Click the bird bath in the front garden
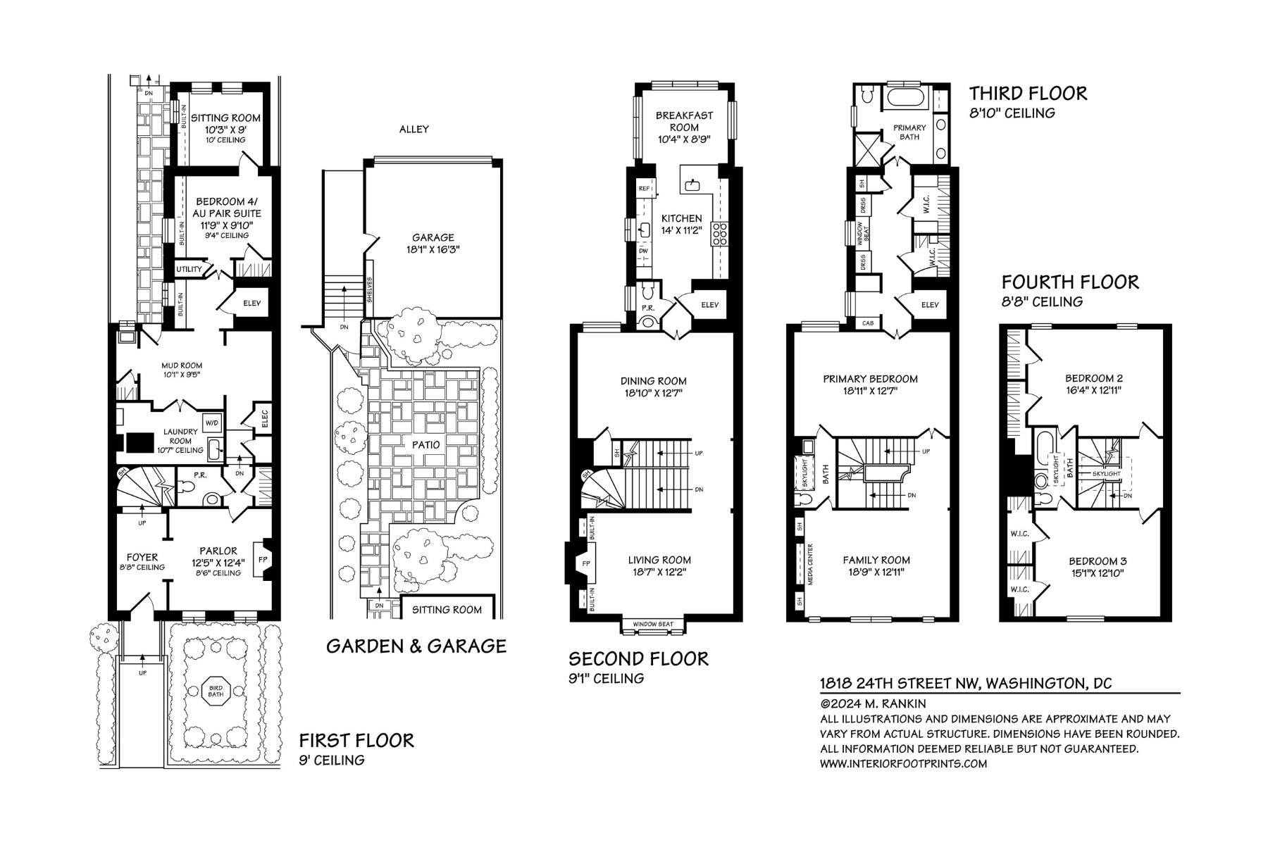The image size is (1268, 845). (x=216, y=691)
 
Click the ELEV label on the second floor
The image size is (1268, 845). (x=709, y=304)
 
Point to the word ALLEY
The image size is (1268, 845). (x=414, y=129)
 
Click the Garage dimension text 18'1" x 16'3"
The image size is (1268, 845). (x=433, y=249)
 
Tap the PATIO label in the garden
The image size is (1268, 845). (x=426, y=444)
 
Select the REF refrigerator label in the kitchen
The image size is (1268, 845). (x=644, y=189)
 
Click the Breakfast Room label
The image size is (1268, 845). (x=684, y=121)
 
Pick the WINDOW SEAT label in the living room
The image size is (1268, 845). (x=653, y=624)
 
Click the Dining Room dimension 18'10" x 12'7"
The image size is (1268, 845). (x=653, y=393)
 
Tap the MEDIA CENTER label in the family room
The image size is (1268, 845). (x=810, y=564)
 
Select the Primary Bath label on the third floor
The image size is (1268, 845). (x=909, y=132)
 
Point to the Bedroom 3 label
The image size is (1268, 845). (x=1098, y=561)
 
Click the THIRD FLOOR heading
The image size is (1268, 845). (x=1028, y=93)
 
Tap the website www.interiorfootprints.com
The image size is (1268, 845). (x=903, y=763)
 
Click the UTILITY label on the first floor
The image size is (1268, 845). (x=189, y=269)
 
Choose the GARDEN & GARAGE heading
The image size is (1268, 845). (x=416, y=646)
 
